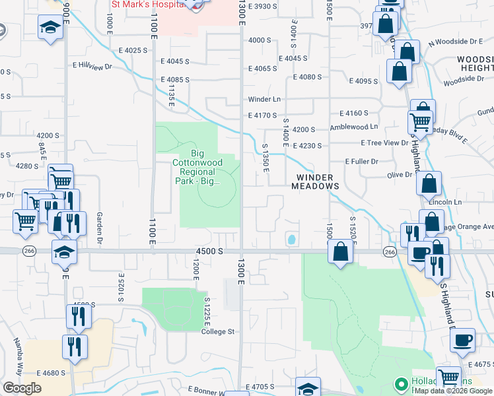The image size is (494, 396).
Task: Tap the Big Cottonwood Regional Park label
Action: click(196, 162)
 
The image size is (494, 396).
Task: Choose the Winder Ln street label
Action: click(264, 100)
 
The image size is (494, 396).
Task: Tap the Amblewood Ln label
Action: click(354, 126)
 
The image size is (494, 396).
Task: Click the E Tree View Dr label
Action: click(384, 143)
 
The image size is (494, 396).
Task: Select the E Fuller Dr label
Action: click(361, 161)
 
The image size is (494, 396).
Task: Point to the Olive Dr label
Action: click(400, 175)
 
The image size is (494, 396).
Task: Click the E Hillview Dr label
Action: click(92, 65)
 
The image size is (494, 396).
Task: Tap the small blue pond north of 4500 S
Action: click(291, 239)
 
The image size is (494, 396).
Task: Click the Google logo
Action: click(22, 388)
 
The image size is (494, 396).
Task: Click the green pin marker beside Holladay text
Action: click(400, 383)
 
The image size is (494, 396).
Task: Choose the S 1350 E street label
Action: click(265, 157)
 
